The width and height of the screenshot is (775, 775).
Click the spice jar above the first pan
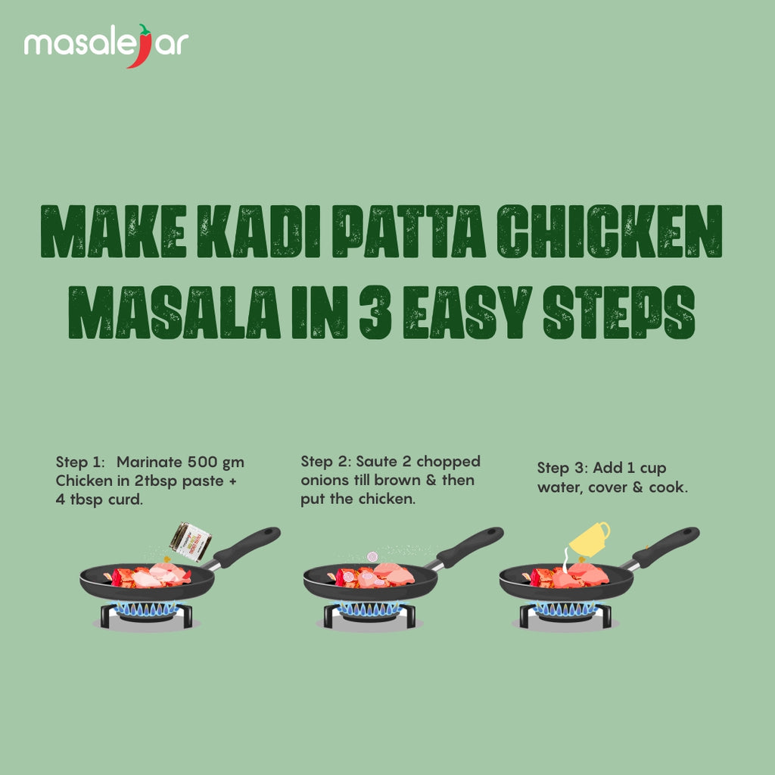[x=191, y=540]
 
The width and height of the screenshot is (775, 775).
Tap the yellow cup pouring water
[x=590, y=537]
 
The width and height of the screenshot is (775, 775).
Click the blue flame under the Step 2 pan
[x=370, y=608]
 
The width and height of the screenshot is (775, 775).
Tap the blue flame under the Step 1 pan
[x=147, y=608]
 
